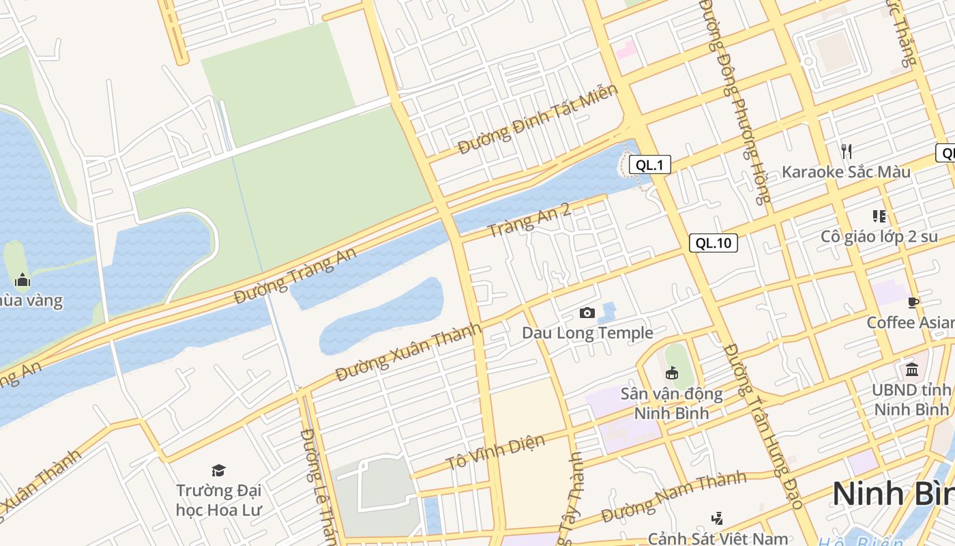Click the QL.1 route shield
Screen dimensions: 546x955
point(649,164)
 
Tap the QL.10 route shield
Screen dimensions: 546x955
point(714,243)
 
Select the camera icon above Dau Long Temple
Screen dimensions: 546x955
point(587,313)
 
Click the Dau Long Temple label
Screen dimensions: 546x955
point(587,333)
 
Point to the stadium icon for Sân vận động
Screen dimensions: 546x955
point(672,373)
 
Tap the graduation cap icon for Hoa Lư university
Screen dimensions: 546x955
point(218,470)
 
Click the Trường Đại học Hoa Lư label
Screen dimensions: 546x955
point(218,500)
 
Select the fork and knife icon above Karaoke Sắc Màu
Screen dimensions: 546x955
point(846,151)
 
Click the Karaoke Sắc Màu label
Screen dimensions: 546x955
point(846,171)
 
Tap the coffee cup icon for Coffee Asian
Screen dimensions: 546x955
point(913,302)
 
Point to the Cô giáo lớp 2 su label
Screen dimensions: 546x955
point(879,237)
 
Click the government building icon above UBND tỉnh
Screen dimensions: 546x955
point(912,370)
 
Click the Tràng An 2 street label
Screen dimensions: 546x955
point(529,220)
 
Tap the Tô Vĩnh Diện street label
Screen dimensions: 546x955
point(496,452)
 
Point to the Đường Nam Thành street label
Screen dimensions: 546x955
point(674,495)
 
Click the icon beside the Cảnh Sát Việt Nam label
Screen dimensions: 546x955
point(717,519)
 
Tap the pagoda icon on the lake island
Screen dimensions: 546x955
point(23,280)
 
